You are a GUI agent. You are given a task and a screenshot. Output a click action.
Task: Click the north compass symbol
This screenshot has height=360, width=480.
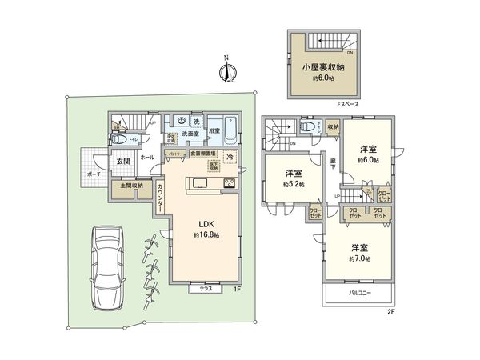click(x=226, y=72)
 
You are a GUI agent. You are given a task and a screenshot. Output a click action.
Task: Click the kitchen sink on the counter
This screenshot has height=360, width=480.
click(x=200, y=184)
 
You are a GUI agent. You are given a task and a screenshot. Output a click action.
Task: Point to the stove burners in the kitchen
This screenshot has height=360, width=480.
click(x=229, y=184)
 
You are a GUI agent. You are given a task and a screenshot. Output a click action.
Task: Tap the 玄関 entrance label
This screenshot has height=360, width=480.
click(x=124, y=162)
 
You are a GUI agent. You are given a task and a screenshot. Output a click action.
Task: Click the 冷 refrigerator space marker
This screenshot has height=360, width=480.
click(x=230, y=158)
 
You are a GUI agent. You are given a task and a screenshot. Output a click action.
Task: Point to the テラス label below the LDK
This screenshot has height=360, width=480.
click(x=204, y=290)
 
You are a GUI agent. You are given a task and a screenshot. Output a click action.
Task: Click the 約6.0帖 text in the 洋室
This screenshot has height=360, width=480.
click(x=369, y=161)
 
